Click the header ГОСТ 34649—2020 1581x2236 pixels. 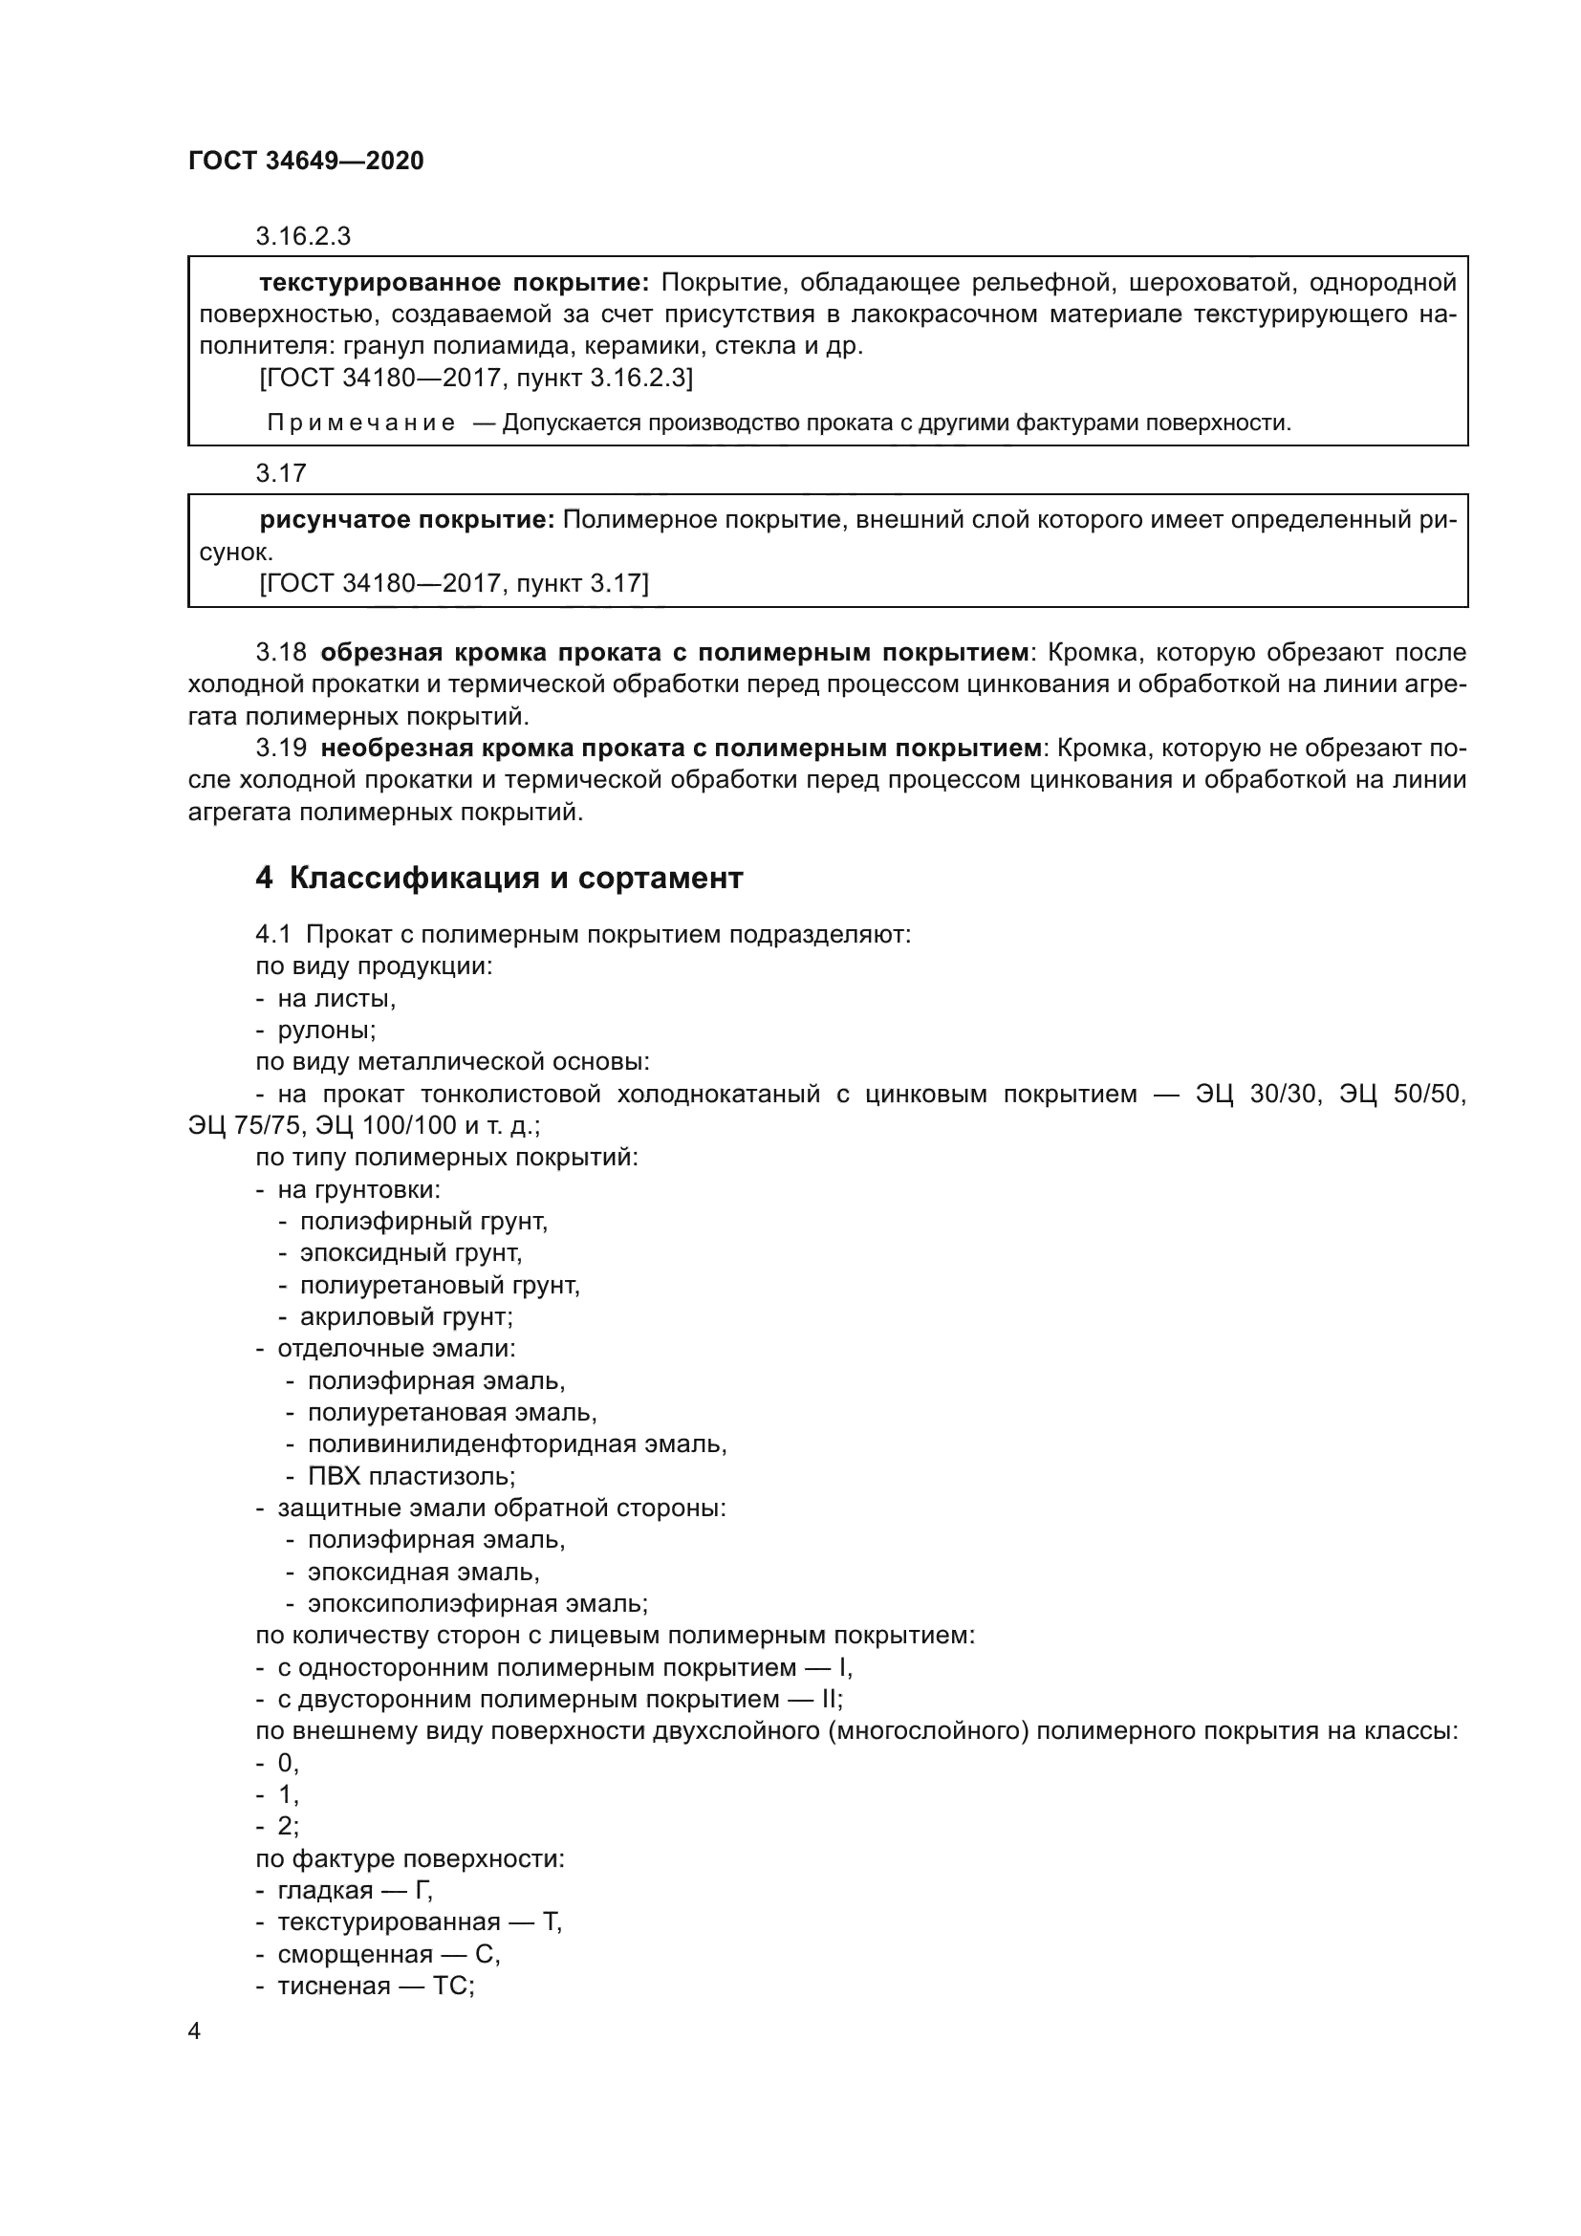306,161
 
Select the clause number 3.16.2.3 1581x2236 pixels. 303,237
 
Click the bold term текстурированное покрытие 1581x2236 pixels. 454,283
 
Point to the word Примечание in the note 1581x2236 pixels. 361,423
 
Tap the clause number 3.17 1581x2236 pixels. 280,474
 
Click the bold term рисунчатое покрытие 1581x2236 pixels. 406,521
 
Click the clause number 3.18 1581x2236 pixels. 280,653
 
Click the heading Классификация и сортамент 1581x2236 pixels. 516,879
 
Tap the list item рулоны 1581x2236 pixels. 326,1031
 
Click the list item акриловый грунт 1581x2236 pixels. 405,1317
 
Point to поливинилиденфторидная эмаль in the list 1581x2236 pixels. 516,1444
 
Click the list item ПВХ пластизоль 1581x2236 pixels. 411,1476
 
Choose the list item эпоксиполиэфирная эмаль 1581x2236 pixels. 477,1604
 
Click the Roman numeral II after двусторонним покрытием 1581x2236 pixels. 831,1700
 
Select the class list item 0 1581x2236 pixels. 286,1764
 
